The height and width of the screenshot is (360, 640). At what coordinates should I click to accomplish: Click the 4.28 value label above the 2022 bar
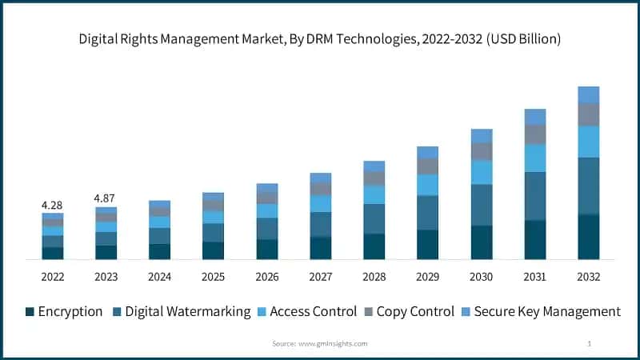coord(53,205)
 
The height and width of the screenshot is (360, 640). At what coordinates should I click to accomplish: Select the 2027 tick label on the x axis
coord(321,276)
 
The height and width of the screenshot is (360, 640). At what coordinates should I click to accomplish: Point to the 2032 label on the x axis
coord(589,276)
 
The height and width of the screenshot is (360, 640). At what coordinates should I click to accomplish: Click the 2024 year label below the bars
coord(160,276)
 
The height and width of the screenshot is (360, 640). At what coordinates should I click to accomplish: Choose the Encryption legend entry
coord(63,311)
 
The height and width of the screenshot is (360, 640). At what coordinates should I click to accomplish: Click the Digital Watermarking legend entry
coord(180,311)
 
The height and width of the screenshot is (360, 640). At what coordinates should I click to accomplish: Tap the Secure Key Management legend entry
coord(540,311)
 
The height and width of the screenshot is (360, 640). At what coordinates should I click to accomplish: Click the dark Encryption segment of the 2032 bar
coord(589,237)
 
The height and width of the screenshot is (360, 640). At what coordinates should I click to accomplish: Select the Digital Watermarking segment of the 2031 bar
coord(535,196)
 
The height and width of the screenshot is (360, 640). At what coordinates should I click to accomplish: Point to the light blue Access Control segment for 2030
coord(482,172)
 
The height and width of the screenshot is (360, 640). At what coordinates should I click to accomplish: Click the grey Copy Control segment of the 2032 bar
coord(589,114)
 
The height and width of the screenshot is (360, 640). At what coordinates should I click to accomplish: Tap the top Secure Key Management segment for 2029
coord(428,152)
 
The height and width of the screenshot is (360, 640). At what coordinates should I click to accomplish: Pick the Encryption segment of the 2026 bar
coord(267,250)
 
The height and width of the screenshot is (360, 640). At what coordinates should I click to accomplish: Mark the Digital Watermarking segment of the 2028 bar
coord(374,218)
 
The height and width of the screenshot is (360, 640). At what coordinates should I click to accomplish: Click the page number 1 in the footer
coord(589,343)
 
